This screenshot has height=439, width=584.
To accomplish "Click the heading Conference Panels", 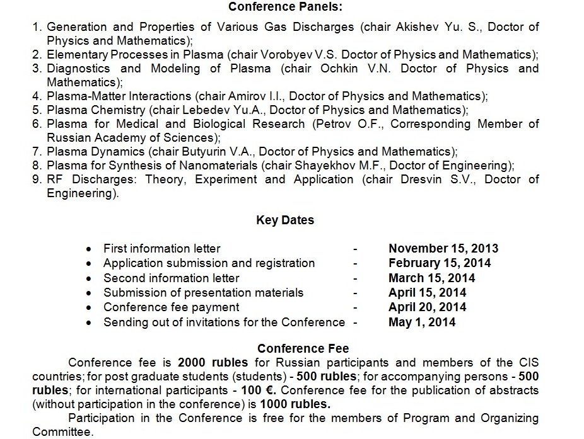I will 285,7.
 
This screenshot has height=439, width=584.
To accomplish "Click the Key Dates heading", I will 285,220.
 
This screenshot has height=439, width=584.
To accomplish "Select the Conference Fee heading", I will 303,348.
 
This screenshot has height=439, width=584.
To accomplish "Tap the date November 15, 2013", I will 443,248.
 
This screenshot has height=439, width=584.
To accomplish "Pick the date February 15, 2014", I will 440,263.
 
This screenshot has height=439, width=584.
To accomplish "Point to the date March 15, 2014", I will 431,278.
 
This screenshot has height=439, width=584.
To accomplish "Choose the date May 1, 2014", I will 422,322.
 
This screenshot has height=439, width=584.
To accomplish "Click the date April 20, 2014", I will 428,307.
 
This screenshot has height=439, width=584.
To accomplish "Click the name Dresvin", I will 423,180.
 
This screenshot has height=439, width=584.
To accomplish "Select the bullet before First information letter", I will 90,249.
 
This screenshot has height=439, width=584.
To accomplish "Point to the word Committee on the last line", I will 61,433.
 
